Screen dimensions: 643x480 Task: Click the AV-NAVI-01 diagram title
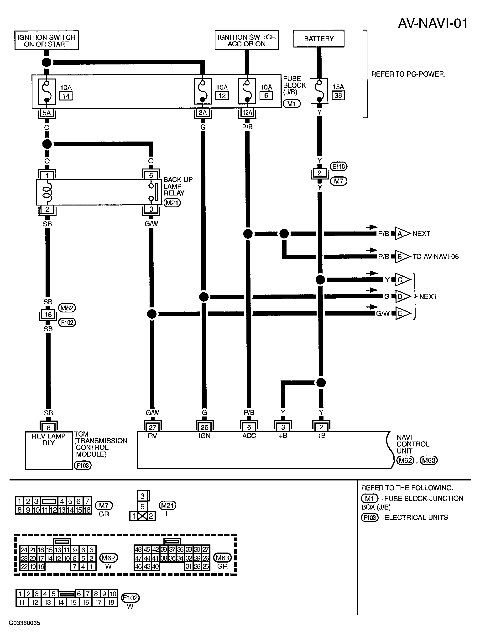[432, 23]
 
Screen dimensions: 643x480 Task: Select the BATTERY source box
[319, 39]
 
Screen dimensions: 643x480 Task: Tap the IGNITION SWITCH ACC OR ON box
[247, 40]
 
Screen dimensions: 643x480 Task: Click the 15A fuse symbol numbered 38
[319, 91]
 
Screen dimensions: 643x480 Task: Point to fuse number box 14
[66, 96]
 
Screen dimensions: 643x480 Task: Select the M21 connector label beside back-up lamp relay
[172, 203]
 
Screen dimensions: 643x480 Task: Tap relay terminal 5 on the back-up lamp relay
[151, 175]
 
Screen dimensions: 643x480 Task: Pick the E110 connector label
[339, 167]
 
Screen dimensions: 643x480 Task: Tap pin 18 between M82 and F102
[48, 314]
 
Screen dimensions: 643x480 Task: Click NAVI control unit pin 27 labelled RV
[152, 427]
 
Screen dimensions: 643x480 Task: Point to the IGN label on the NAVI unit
[204, 436]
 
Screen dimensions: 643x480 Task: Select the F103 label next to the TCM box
[83, 465]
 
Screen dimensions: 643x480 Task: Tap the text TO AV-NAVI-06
[436, 257]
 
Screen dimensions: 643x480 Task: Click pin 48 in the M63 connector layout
[138, 549]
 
